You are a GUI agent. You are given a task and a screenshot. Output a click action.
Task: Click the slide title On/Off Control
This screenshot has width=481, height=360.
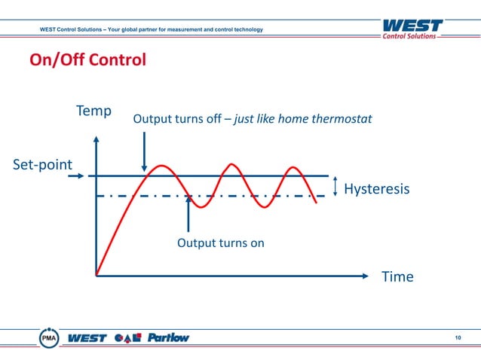tap(87, 59)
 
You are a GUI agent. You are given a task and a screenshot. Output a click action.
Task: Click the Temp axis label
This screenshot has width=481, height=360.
tap(93, 111)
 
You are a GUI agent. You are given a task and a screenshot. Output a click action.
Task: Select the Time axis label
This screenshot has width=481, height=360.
tap(397, 276)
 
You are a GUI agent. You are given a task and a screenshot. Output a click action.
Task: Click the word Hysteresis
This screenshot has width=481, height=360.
tap(376, 189)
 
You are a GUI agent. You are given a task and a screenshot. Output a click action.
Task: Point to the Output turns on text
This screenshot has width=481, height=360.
tap(220, 243)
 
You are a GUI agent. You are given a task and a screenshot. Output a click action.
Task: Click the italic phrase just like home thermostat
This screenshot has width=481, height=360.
tap(304, 119)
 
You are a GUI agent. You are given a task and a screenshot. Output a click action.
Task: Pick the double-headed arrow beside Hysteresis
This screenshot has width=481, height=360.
tap(335, 186)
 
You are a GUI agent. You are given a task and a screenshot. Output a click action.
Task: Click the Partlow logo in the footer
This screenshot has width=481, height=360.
tap(168, 337)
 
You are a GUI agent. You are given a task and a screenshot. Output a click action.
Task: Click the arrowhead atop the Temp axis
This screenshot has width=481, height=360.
tap(97, 139)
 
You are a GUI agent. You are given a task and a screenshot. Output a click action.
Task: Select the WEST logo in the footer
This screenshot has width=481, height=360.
tap(87, 337)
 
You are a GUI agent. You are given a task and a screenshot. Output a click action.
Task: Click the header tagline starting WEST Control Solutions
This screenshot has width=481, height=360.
tap(152, 29)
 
